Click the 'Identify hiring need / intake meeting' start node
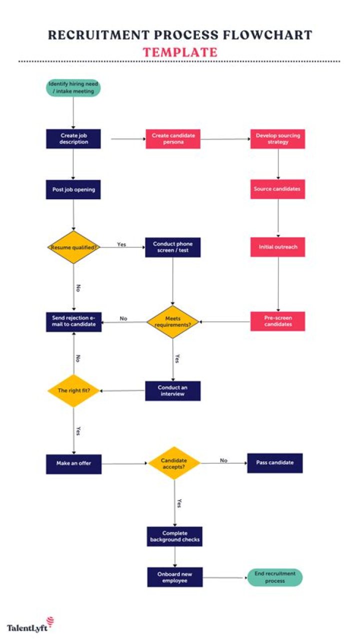coord(73,88)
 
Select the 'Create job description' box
coord(73,139)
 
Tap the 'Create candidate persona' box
coord(173,139)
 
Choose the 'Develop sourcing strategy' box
coord(277,139)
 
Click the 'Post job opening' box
coord(73,190)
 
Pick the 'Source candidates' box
coord(277,189)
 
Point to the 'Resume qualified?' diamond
coord(73,247)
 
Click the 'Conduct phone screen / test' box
coord(173,247)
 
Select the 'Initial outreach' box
coord(277,247)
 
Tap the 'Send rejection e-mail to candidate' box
coord(73,321)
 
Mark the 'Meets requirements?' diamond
coord(173,321)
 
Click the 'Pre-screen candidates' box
coord(277,321)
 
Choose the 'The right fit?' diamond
coord(73,390)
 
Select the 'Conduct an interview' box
coord(173,391)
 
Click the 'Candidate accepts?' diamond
coord(174,463)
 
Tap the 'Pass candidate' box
coord(274,463)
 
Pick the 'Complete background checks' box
coord(175,536)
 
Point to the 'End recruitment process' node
coord(275,577)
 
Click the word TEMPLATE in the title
coord(180,52)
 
